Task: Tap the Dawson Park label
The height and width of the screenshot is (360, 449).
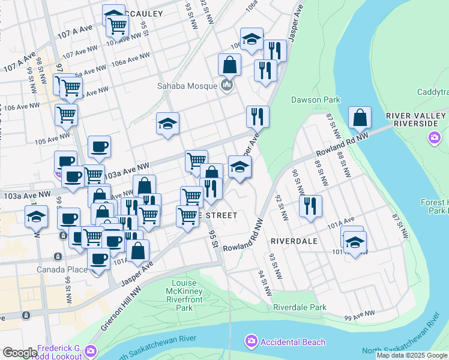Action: [x=316, y=100]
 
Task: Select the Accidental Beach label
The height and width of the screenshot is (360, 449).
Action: [x=292, y=342]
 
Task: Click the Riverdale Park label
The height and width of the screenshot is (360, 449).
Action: [x=300, y=307]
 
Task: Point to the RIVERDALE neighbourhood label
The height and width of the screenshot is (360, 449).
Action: [x=294, y=241]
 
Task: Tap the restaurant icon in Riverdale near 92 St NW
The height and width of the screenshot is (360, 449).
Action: [x=310, y=206]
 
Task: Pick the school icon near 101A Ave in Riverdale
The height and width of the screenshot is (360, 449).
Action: [x=355, y=243]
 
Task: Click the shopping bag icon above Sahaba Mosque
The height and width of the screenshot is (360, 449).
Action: [x=229, y=65]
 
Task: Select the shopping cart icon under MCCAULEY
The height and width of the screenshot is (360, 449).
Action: [x=118, y=26]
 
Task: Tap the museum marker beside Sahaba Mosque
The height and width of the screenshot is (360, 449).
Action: [x=227, y=85]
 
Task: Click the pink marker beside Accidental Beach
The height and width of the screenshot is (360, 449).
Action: [x=251, y=342]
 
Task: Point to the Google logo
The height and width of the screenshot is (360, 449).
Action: [x=20, y=353]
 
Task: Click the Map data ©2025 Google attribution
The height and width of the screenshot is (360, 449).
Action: [x=412, y=355]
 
